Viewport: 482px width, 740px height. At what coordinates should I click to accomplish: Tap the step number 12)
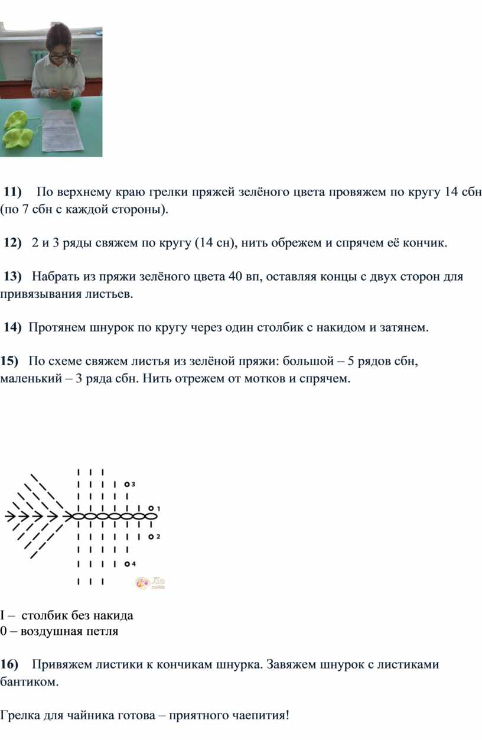[12, 243]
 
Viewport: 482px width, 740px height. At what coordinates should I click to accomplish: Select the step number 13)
[12, 277]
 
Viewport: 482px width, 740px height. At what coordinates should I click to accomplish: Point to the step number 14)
[12, 327]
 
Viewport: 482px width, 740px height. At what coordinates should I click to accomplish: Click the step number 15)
[9, 361]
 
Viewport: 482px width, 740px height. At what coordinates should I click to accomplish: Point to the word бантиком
[30, 681]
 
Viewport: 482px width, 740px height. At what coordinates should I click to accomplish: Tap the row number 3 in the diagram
[133, 483]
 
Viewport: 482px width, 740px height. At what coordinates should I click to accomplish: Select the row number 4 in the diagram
[133, 563]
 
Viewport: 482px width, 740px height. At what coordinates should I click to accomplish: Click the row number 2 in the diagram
[158, 537]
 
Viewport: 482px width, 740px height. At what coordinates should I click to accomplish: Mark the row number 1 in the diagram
[158, 508]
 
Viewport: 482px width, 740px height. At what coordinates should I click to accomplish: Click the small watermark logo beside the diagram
[151, 583]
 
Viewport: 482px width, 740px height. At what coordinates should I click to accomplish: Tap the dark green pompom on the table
[76, 105]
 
